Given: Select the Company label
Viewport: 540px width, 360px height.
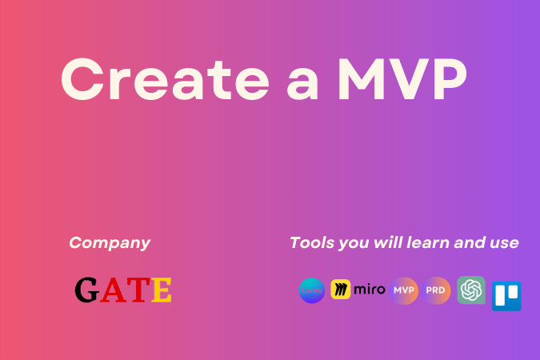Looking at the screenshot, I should click(x=110, y=242).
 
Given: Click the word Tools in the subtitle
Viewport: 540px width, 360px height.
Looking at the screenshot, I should click(x=310, y=242).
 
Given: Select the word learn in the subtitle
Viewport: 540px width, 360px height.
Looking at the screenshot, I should click(x=426, y=242).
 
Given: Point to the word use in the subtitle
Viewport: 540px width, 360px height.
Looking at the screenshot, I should click(x=502, y=243).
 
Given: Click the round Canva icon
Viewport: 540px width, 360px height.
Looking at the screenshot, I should click(x=312, y=290).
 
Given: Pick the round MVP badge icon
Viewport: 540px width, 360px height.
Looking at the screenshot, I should click(x=405, y=290).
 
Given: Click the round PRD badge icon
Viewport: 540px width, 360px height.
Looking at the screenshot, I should click(x=437, y=290).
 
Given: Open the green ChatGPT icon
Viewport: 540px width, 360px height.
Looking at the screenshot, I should click(x=471, y=290).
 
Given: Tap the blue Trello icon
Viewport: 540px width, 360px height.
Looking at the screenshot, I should click(x=506, y=295).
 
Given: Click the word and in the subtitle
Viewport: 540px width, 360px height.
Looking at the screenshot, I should click(x=468, y=242).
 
